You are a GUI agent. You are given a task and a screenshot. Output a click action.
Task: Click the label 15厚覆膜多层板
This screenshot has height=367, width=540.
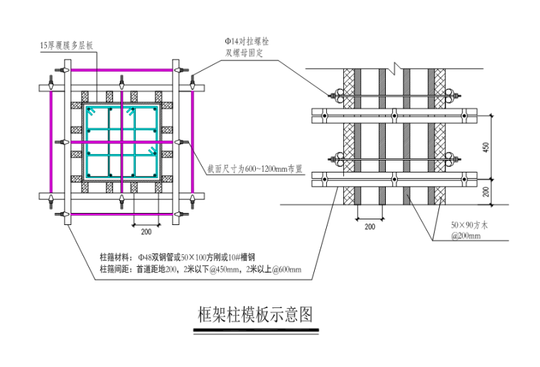pyautogui.click(x=67, y=45)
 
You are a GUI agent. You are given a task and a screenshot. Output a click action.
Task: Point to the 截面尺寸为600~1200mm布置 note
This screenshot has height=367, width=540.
pyautogui.click(x=255, y=169)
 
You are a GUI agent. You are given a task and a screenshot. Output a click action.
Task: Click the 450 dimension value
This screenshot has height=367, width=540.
pyautogui.click(x=486, y=147)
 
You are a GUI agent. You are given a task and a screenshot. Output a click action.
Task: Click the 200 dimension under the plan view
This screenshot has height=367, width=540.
pyautogui.click(x=146, y=231)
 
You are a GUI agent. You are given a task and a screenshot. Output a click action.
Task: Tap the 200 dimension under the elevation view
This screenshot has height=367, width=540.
pyautogui.click(x=369, y=226)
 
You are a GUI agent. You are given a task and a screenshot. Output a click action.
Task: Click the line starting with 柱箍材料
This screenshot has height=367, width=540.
pyautogui.click(x=178, y=257)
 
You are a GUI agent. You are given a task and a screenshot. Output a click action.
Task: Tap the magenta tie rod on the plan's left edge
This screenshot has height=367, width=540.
pyautogui.click(x=51, y=142)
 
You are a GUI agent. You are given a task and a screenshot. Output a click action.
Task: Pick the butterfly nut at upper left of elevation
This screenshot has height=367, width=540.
pyautogui.click(x=332, y=94)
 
